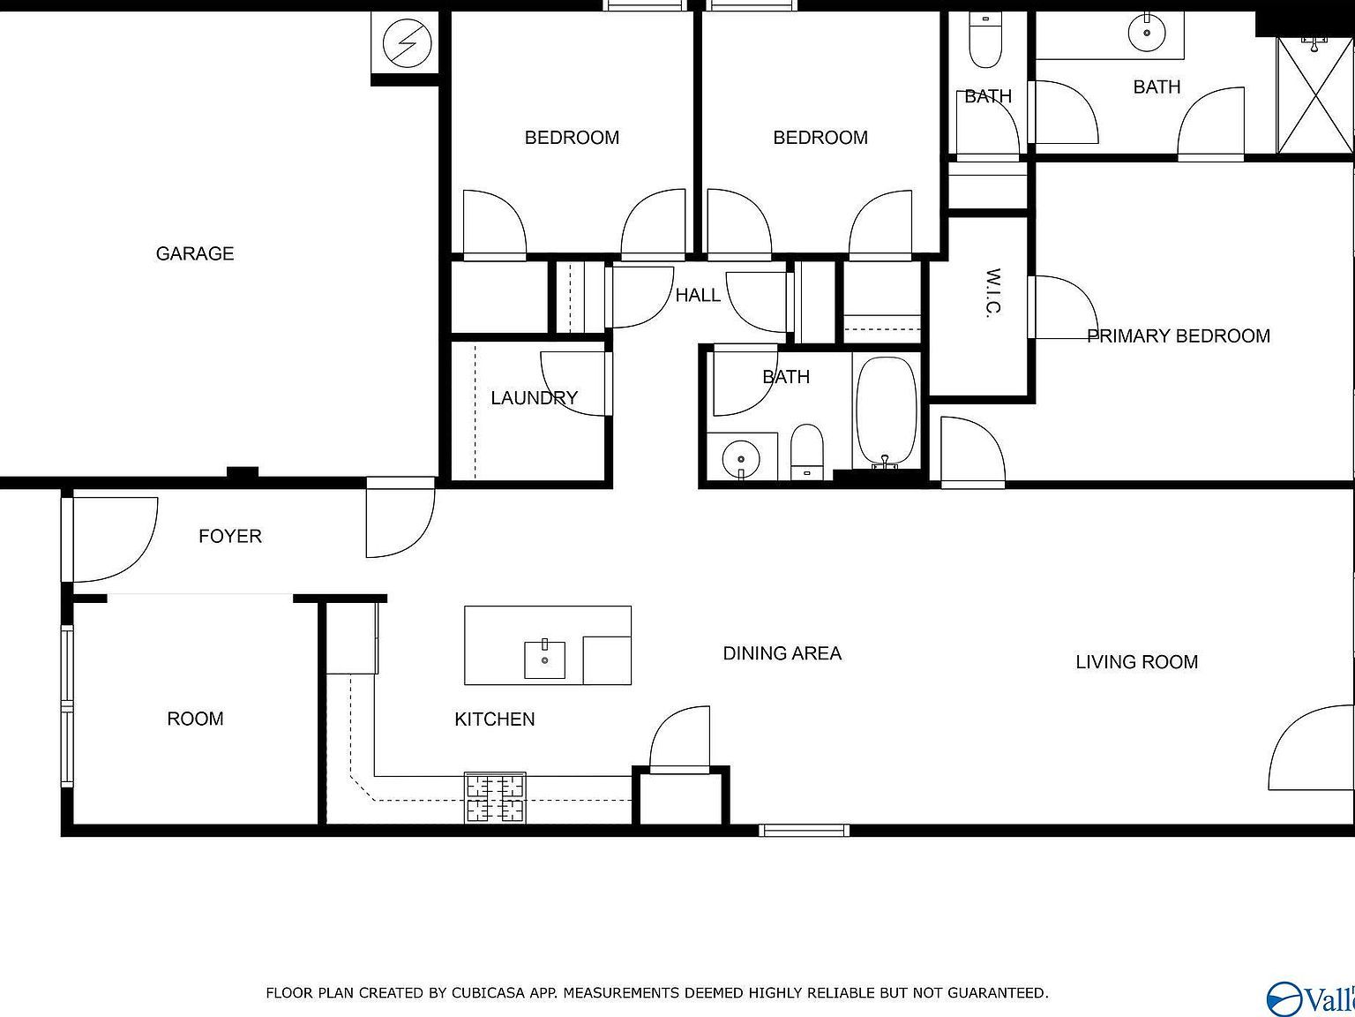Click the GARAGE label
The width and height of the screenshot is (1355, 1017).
pos(195,254)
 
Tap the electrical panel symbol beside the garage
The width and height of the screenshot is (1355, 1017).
pos(408,41)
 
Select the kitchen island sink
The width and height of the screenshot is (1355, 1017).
pos(544,659)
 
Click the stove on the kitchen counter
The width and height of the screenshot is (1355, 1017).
pos(495,798)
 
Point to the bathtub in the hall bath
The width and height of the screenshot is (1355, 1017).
pos(886,411)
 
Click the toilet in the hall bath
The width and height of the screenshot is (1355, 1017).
pos(806,450)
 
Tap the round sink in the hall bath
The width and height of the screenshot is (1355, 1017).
pos(740,459)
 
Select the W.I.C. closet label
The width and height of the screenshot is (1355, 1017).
pos(992,293)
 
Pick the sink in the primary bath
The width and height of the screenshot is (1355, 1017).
pos(1147,34)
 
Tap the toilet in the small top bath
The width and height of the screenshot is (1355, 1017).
pos(985,39)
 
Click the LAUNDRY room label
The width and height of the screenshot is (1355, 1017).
pos(534,398)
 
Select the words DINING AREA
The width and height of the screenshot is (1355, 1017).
pos(782,654)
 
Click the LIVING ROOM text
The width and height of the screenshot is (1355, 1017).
pos(1136,662)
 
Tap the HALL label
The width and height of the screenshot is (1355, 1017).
pos(697,296)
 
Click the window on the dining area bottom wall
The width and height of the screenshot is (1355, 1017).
pos(804,830)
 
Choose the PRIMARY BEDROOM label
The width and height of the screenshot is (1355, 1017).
pos(1178,336)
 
